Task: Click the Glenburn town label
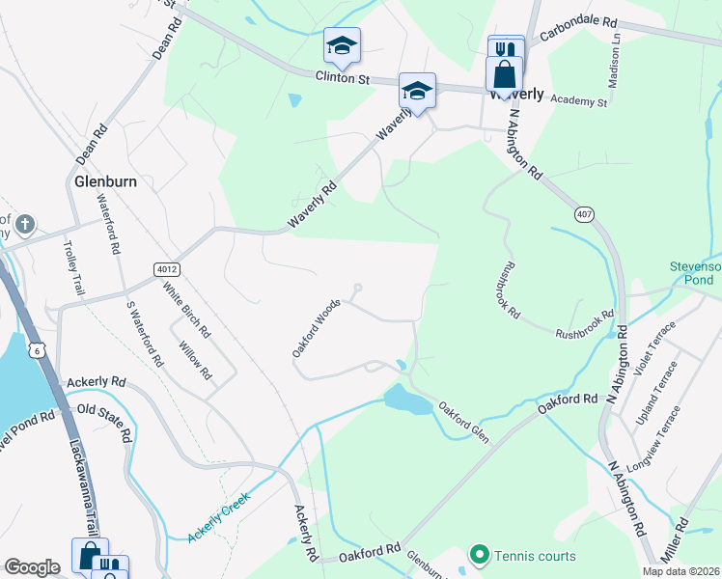pyautogui.click(x=105, y=180)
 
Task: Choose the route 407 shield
pyautogui.click(x=582, y=212)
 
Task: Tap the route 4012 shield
pyautogui.click(x=162, y=267)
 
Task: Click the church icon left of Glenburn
pyautogui.click(x=25, y=225)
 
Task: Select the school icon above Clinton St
pyautogui.click(x=341, y=44)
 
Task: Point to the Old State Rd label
pyautogui.click(x=103, y=422)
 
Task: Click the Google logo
pyautogui.click(x=32, y=567)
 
